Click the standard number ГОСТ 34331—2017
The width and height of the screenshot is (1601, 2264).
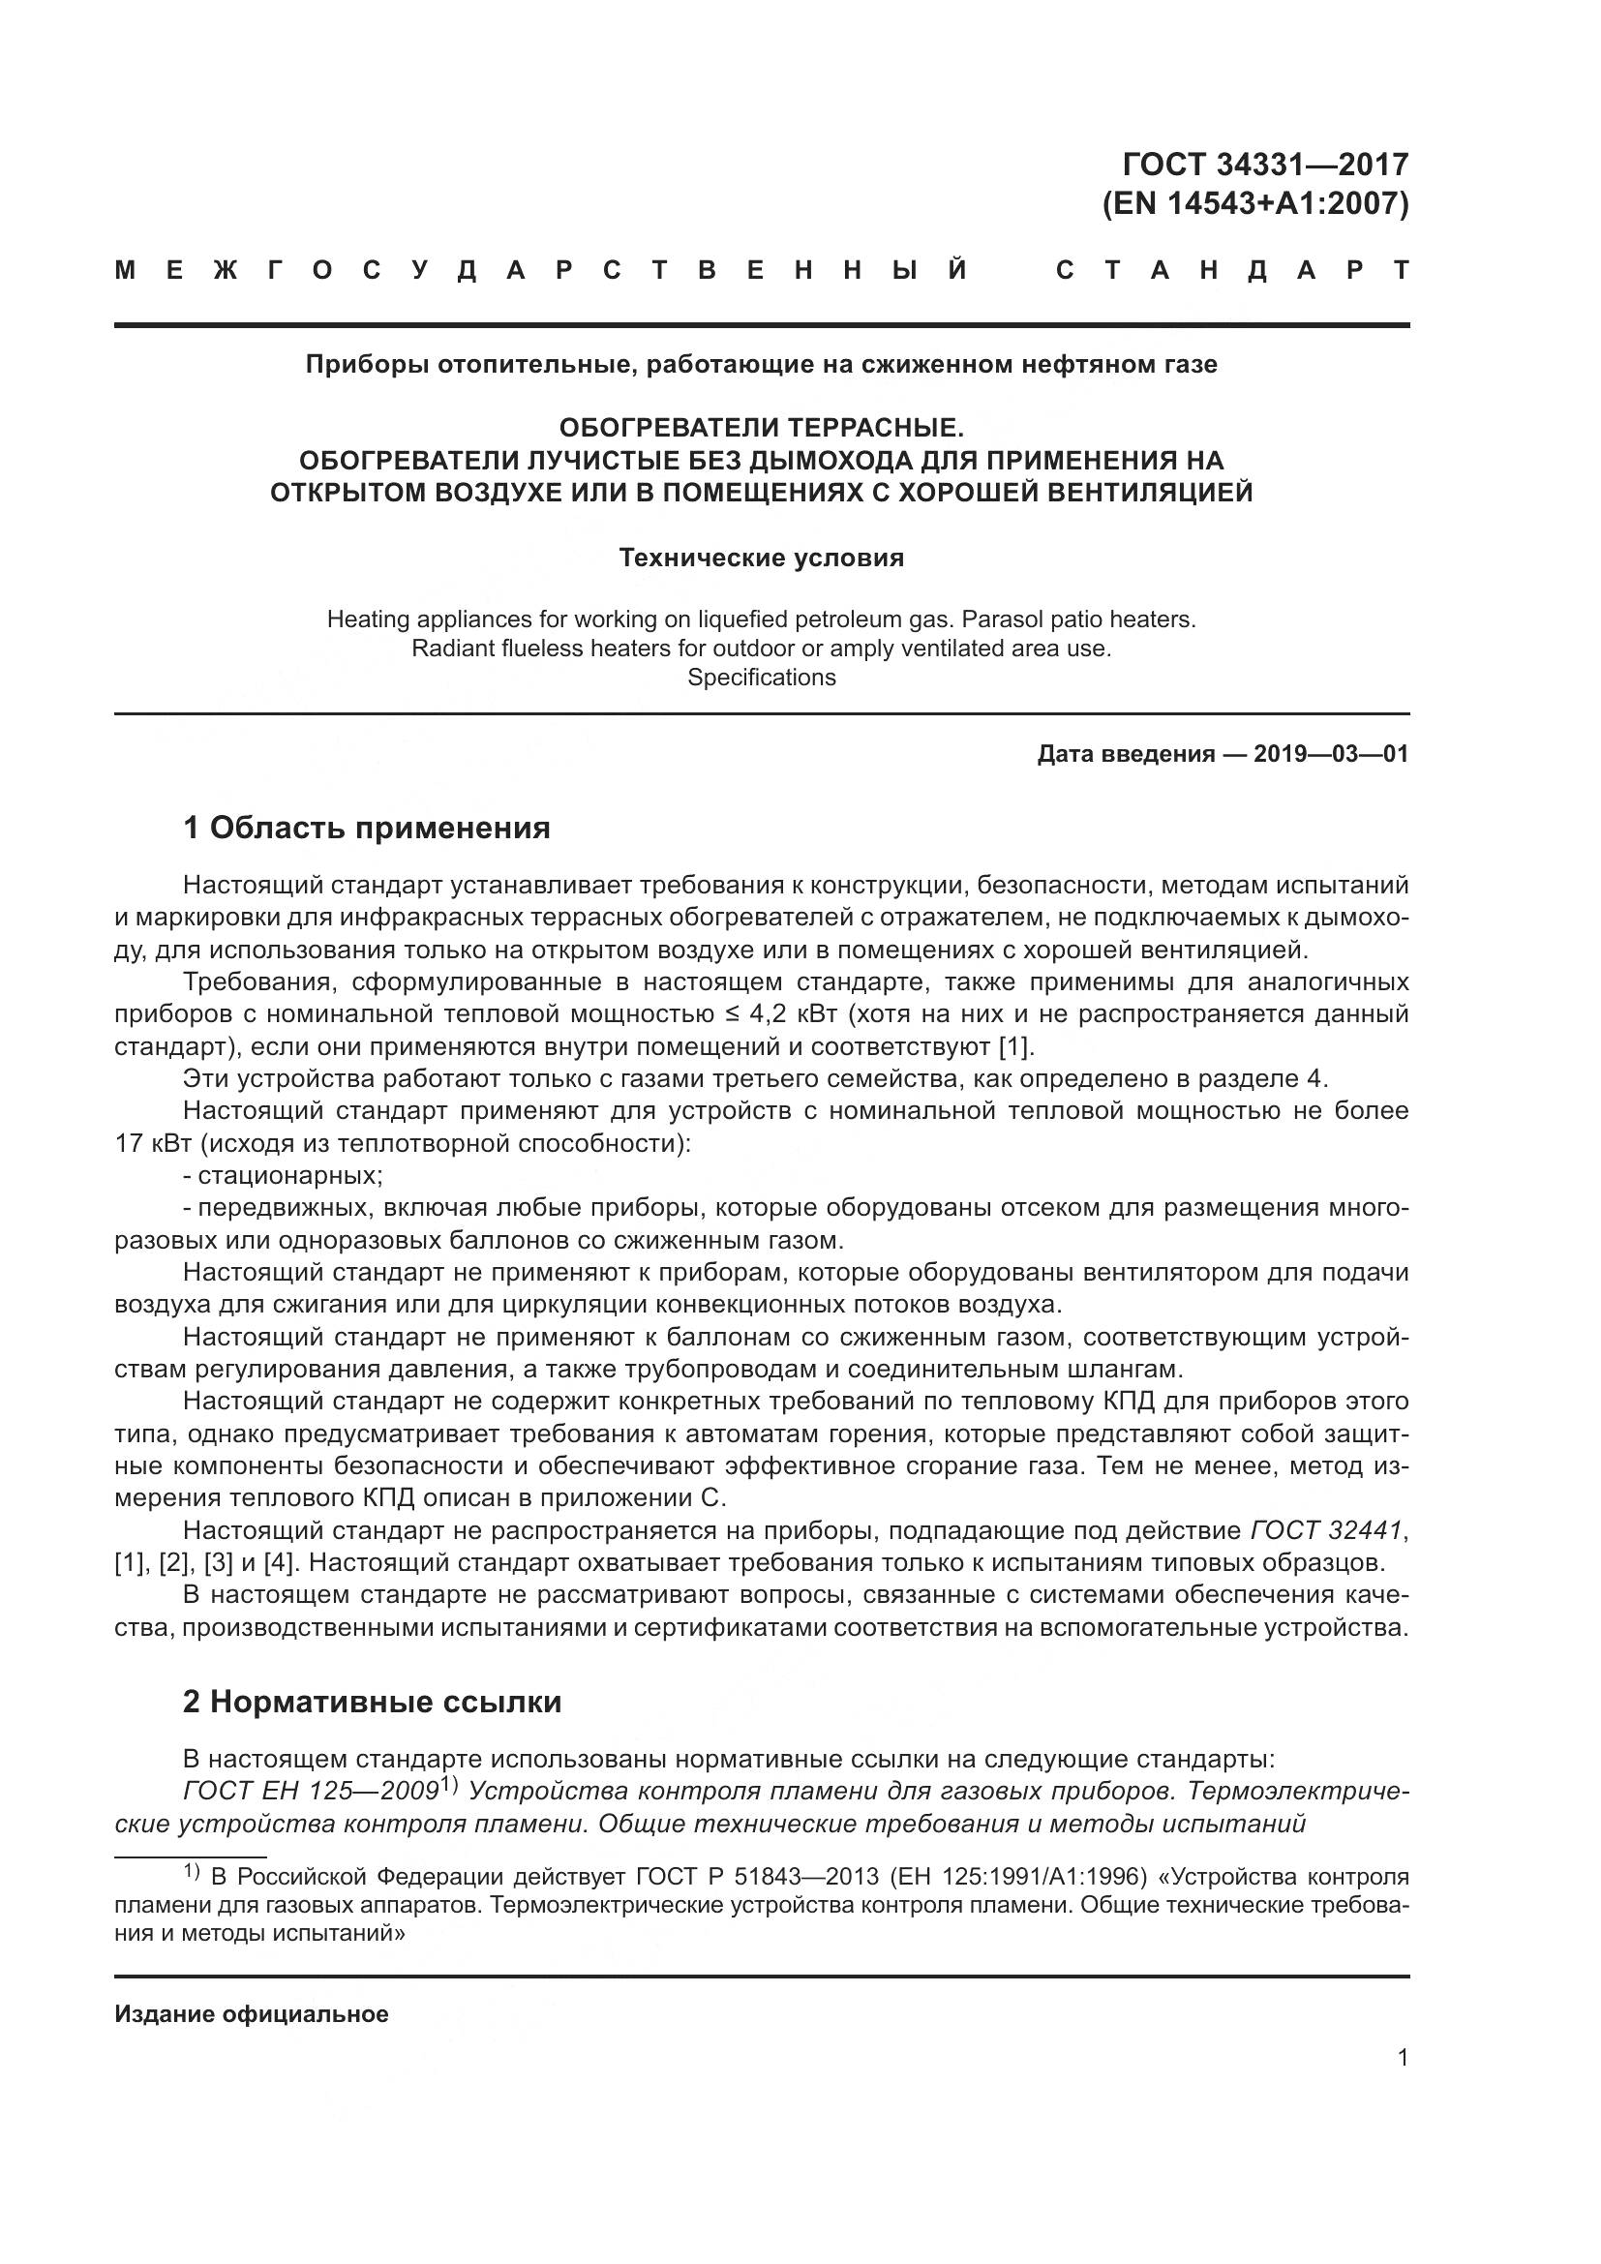tap(1266, 164)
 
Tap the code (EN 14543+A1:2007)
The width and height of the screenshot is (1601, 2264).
tap(1255, 204)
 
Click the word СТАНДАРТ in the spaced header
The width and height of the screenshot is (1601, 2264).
tap(1232, 270)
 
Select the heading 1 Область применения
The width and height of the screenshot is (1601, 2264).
tap(367, 829)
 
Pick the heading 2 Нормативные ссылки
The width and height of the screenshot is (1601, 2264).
tap(373, 1702)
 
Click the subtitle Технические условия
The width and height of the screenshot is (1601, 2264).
tap(761, 558)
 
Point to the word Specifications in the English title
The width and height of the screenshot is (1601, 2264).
tap(761, 678)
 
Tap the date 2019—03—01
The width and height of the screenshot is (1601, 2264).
tap(1331, 754)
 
